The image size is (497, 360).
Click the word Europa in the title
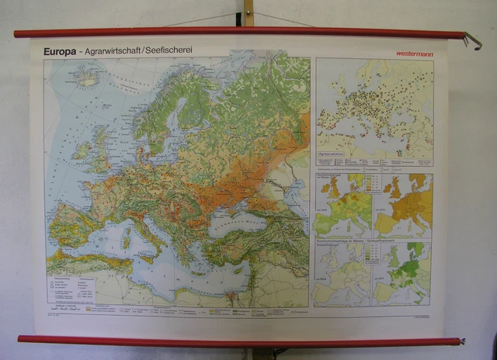coord(60,52)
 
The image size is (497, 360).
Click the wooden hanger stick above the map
coord(248,13)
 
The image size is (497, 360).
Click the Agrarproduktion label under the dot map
coord(335,164)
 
